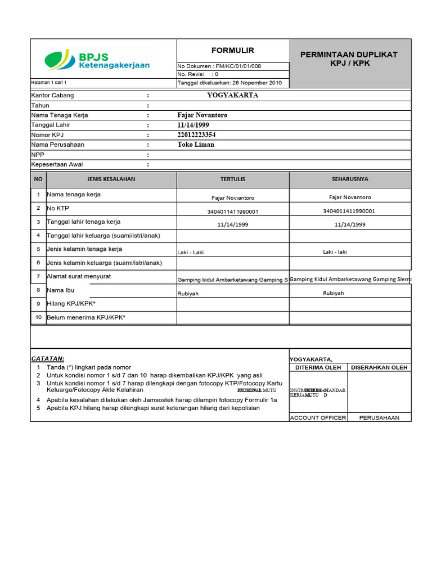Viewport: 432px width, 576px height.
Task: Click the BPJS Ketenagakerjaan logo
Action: pos(97,60)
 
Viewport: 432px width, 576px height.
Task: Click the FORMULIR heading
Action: pos(232,50)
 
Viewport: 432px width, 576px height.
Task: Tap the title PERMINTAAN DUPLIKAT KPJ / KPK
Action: pos(349,58)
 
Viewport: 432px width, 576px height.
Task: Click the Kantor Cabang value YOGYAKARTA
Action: pos(232,95)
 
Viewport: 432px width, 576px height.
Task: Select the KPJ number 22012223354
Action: pos(196,135)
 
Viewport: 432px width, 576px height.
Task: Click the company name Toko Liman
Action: pos(196,145)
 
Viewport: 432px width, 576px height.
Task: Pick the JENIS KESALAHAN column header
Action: pos(111,179)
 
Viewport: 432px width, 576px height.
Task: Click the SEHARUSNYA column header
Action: pos(350,179)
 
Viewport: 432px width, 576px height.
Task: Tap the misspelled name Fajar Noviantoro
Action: pos(232,198)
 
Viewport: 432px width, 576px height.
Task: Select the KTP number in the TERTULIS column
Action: pos(232,211)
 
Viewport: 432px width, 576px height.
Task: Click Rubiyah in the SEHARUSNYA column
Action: pos(333,293)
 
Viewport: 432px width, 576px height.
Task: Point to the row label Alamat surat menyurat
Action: pos(79,276)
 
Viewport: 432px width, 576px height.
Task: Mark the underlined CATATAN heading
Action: pos(47,358)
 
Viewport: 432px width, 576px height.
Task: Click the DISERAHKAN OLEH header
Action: pos(379,368)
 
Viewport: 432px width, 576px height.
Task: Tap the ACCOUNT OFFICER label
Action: pos(318,418)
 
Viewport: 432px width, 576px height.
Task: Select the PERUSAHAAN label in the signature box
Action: pos(379,418)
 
